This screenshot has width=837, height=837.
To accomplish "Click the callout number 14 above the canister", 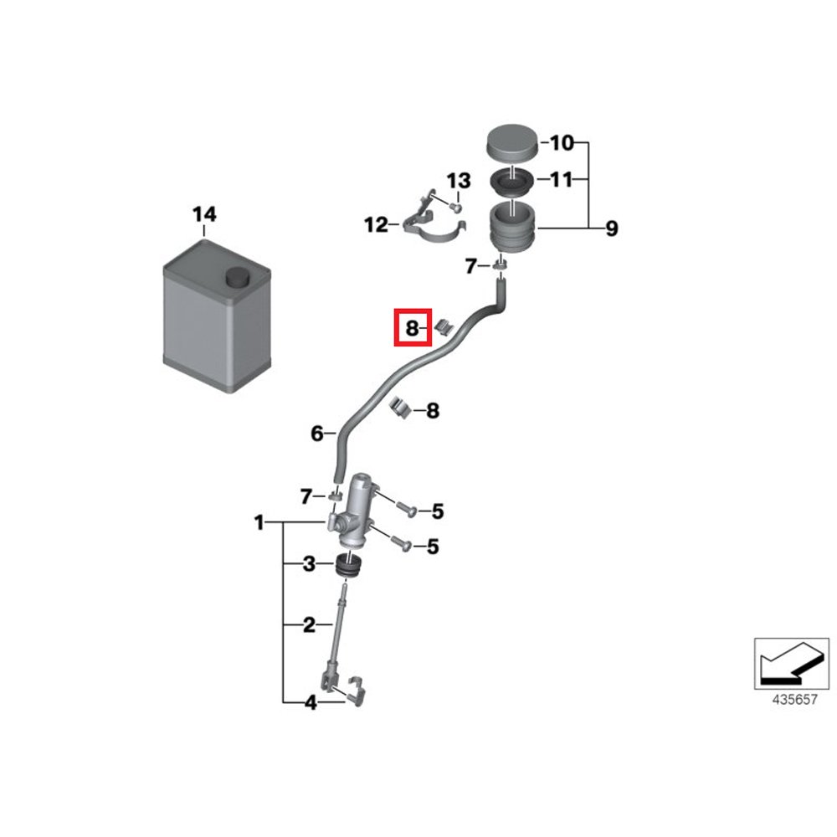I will [204, 215].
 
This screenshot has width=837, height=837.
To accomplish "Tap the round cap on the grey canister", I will [238, 278].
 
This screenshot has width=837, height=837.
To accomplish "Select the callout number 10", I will [562, 144].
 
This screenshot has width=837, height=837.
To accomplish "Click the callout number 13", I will [459, 182].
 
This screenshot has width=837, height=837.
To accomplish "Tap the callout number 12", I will [376, 224].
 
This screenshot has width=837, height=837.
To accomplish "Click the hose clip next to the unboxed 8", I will [403, 408].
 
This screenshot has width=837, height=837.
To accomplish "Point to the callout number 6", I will [316, 434].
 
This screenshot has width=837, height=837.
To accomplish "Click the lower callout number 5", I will [433, 547].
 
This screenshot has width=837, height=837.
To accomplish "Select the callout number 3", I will [309, 565].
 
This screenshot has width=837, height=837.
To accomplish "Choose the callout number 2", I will [309, 624].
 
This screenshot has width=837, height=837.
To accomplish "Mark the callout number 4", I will [311, 703].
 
